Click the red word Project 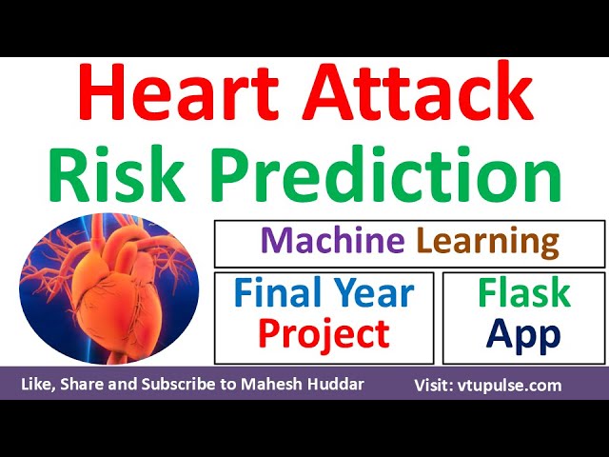[x=324, y=334]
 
